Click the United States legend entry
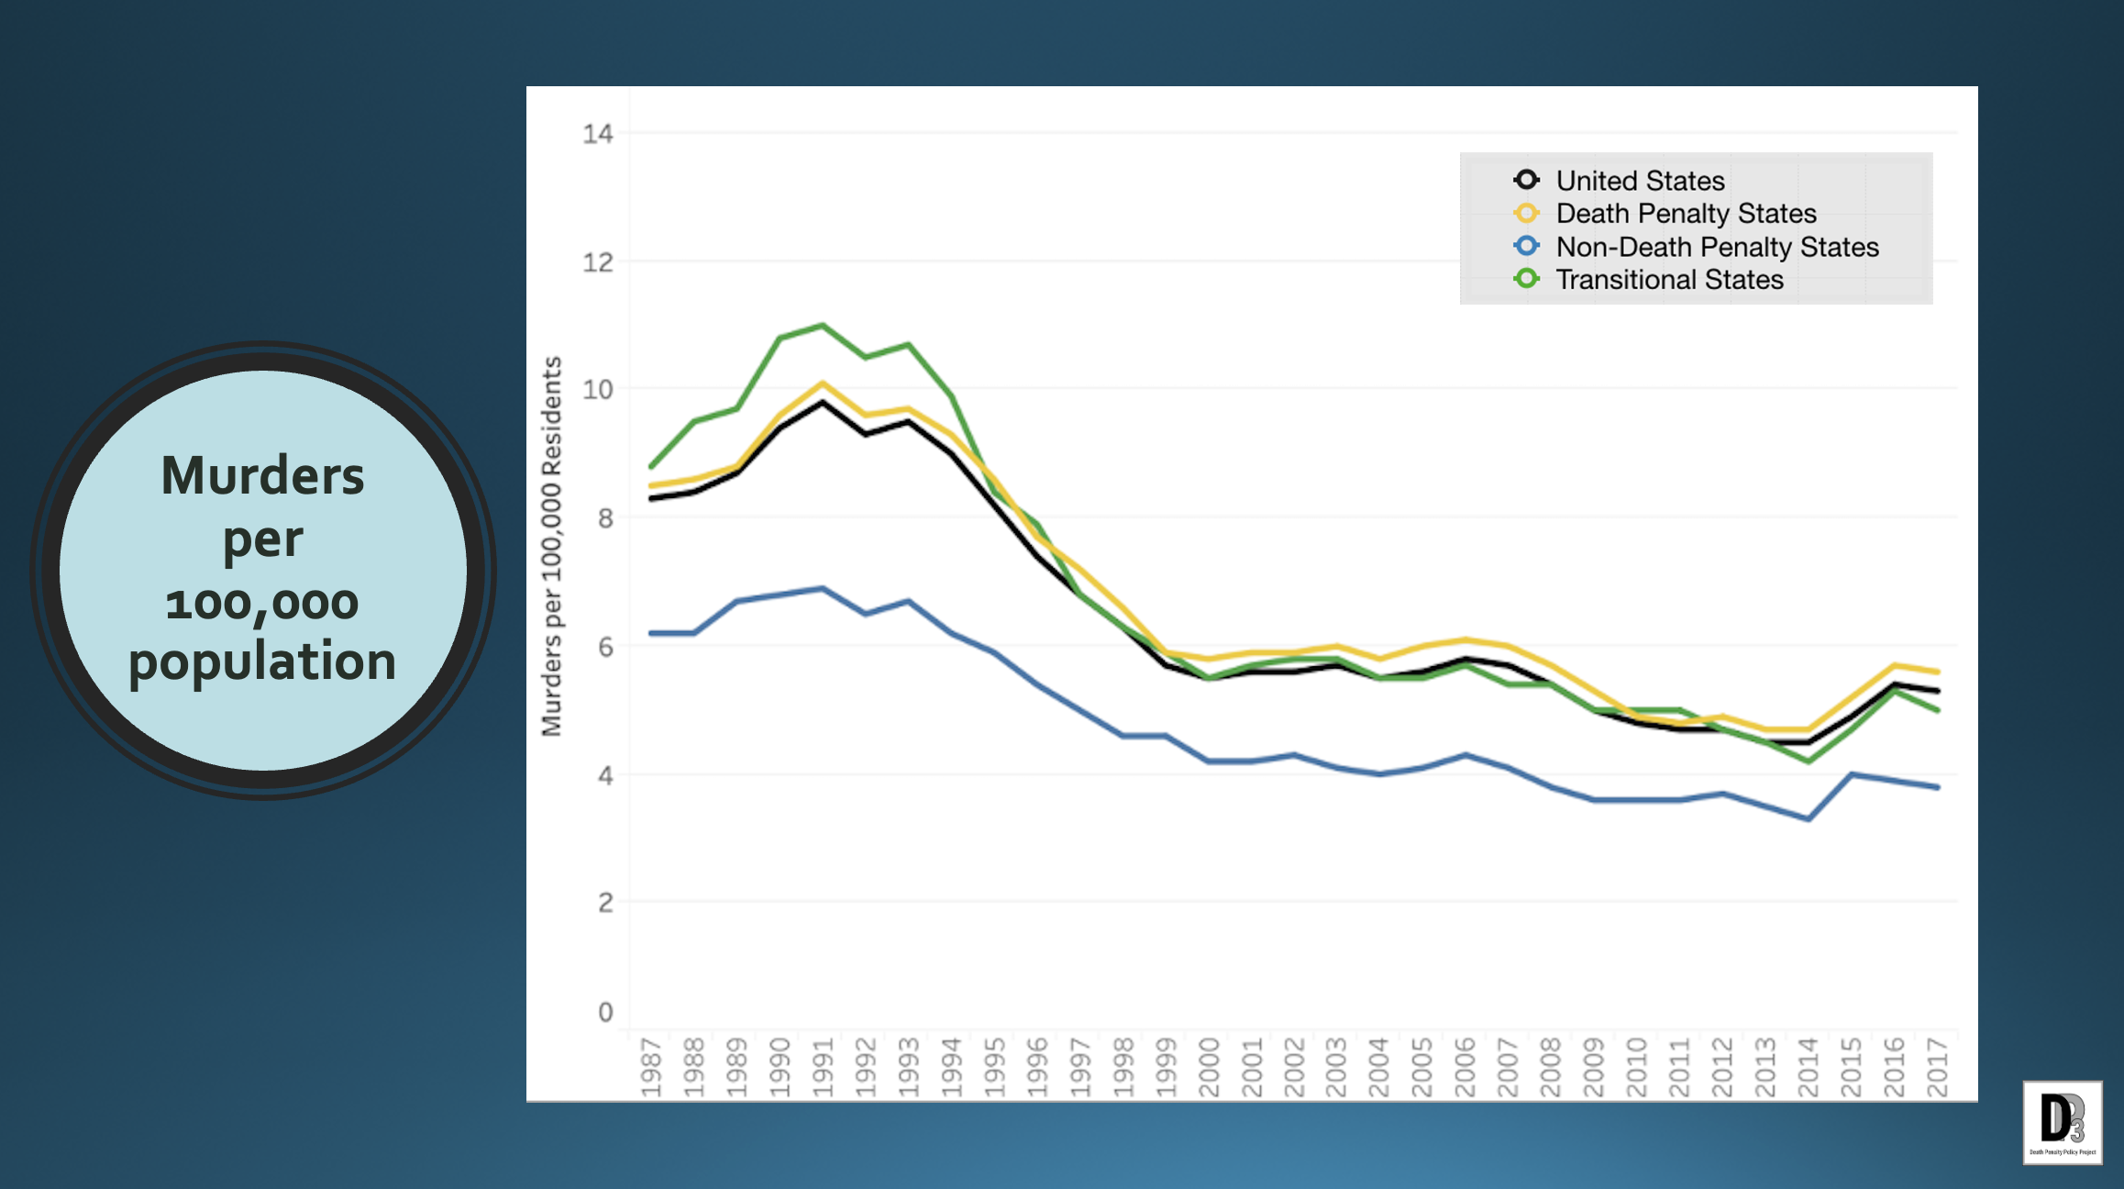1639,181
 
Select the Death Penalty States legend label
1686,214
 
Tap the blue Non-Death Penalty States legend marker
1526,246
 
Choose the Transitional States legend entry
1668,280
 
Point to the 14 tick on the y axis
597,135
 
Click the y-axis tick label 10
597,390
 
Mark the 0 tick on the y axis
605,1012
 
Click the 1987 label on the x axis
651,1067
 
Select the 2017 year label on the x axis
1937,1067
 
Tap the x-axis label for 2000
1209,1067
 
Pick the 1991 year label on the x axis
823,1067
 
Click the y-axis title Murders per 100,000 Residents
551,546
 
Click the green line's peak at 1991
823,325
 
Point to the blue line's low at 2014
1809,819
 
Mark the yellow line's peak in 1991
823,383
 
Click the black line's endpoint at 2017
1937,691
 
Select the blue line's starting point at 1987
651,633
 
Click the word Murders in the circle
262,476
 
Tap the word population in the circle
262,661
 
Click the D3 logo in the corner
2062,1122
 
